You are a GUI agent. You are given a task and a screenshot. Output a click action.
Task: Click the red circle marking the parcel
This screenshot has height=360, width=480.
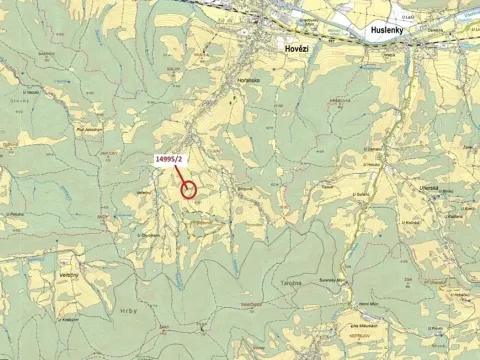[189, 188]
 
